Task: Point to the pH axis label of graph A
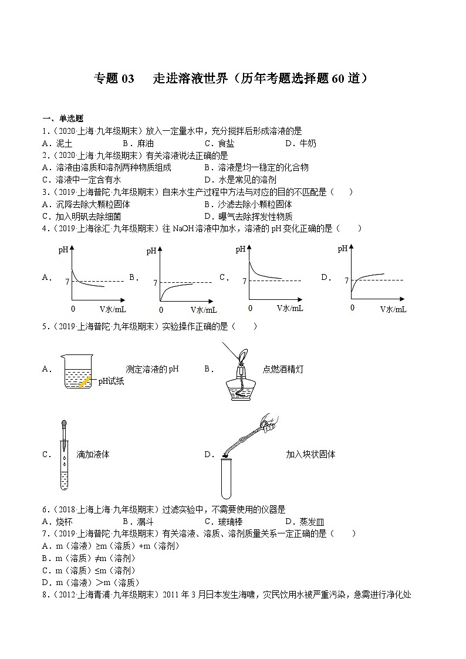coord(63,251)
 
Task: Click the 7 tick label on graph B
coord(155,283)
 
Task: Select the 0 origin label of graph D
coord(352,307)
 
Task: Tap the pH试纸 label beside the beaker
coord(111,381)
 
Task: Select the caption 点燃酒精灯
coord(283,369)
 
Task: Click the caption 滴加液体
coord(93,454)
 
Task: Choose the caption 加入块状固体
coord(310,454)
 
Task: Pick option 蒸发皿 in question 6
coord(312,522)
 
